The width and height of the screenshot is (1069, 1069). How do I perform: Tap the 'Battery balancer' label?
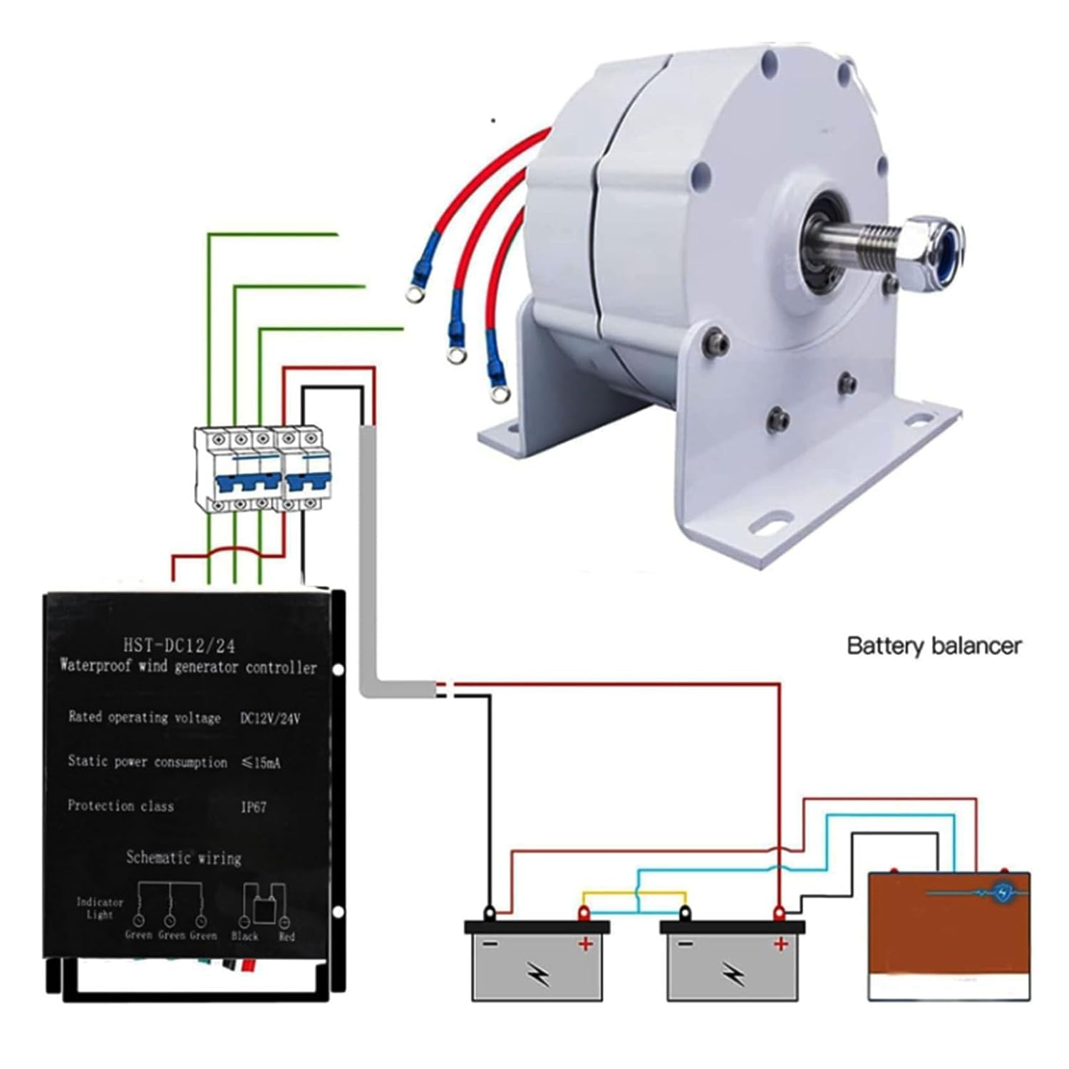(934, 646)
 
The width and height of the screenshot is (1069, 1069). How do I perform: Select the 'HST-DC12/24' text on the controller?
(179, 646)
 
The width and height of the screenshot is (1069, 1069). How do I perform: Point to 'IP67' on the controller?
(253, 807)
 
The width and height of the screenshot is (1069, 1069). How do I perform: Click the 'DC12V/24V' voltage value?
(270, 718)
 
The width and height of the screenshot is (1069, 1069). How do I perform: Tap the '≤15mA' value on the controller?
(261, 763)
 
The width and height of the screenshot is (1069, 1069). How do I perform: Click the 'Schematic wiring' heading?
(184, 857)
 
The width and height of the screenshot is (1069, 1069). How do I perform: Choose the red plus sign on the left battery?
(585, 944)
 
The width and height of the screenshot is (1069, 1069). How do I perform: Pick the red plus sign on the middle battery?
(781, 944)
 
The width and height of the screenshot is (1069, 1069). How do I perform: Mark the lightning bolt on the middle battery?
(733, 973)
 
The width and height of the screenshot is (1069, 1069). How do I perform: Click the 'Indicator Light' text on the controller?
(100, 908)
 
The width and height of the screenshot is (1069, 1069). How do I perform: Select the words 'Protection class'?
(120, 806)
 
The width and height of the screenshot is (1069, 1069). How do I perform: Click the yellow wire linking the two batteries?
(634, 892)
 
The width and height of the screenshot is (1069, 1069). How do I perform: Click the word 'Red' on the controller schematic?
(286, 936)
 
